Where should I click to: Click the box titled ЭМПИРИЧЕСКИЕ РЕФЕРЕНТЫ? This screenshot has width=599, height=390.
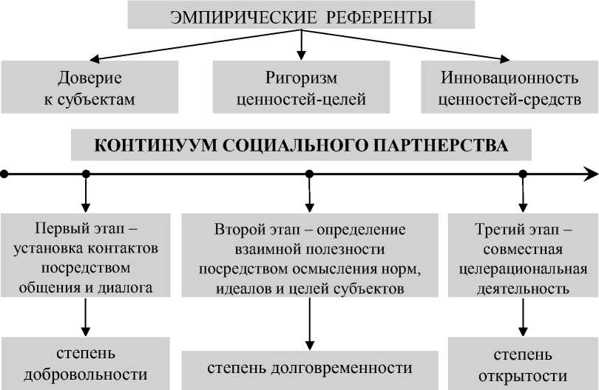click(300, 16)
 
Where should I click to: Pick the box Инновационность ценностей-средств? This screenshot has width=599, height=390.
click(507, 87)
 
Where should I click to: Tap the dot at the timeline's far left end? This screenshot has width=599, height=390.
click(4, 174)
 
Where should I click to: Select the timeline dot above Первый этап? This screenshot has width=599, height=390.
click(86, 174)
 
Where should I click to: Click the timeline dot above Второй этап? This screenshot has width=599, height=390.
click(309, 174)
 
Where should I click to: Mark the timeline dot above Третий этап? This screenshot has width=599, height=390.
click(523, 174)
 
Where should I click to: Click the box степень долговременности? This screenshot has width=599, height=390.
click(309, 368)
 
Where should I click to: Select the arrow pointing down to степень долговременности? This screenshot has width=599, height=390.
click(310, 329)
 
